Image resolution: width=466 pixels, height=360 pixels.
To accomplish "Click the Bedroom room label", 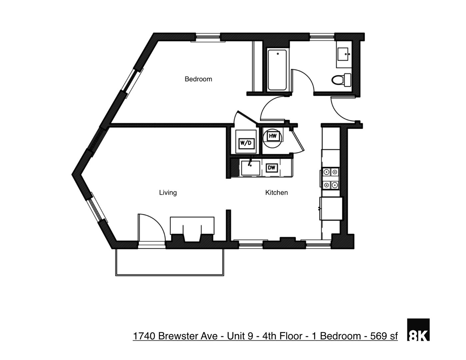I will point(198,79).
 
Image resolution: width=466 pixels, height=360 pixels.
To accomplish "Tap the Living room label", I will point(168,192).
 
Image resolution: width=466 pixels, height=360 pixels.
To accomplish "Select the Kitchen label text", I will point(276,192).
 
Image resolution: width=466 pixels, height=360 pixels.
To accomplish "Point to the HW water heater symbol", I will point(273,136).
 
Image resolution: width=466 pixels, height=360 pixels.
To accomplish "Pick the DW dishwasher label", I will point(272,168).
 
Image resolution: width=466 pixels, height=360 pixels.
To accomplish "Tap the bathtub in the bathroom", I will point(277,70).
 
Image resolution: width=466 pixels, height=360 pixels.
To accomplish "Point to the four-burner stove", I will point(330,178).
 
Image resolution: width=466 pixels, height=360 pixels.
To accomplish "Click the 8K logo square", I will point(418,330).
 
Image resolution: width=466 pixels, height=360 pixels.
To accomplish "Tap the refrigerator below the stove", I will point(331,209).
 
